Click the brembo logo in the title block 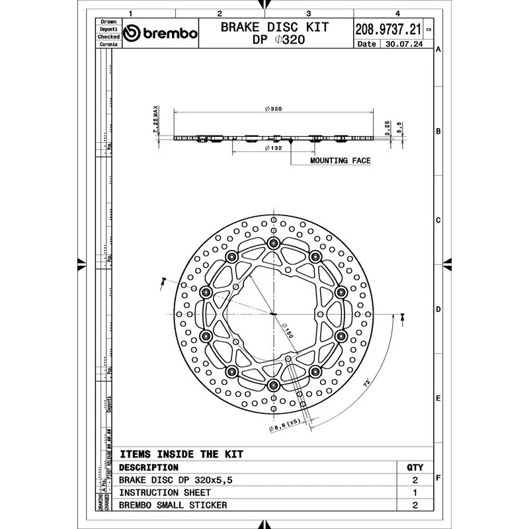[x=161, y=34]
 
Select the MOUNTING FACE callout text [x=340, y=161]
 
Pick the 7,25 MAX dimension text [x=156, y=120]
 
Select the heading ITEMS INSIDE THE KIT [x=181, y=454]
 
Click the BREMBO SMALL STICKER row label [x=173, y=505]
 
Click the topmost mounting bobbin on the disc [x=272, y=245]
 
